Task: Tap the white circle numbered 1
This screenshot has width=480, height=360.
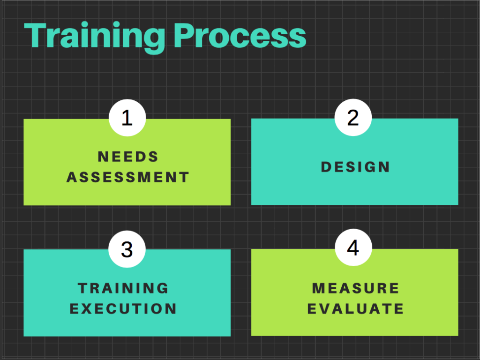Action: pyautogui.click(x=127, y=118)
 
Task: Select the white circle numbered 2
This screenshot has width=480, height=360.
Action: pyautogui.click(x=353, y=118)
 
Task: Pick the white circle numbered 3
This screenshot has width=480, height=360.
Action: pyautogui.click(x=127, y=249)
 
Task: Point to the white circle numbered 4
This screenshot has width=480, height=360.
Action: pyautogui.click(x=353, y=247)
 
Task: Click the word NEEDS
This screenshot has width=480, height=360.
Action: pyautogui.click(x=128, y=157)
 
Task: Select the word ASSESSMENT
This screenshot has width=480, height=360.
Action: pyautogui.click(x=128, y=177)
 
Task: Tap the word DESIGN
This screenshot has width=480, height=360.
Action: pyautogui.click(x=355, y=167)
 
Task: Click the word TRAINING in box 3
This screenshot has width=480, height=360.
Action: pyautogui.click(x=123, y=288)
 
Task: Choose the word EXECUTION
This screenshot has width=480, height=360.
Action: pyautogui.click(x=123, y=309)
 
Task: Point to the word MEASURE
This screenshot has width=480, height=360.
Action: pyautogui.click(x=355, y=288)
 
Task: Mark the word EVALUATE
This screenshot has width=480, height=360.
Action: pyautogui.click(x=355, y=309)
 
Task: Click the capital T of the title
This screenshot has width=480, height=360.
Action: pyautogui.click(x=36, y=36)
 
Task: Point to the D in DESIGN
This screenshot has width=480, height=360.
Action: pyautogui.click(x=326, y=167)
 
